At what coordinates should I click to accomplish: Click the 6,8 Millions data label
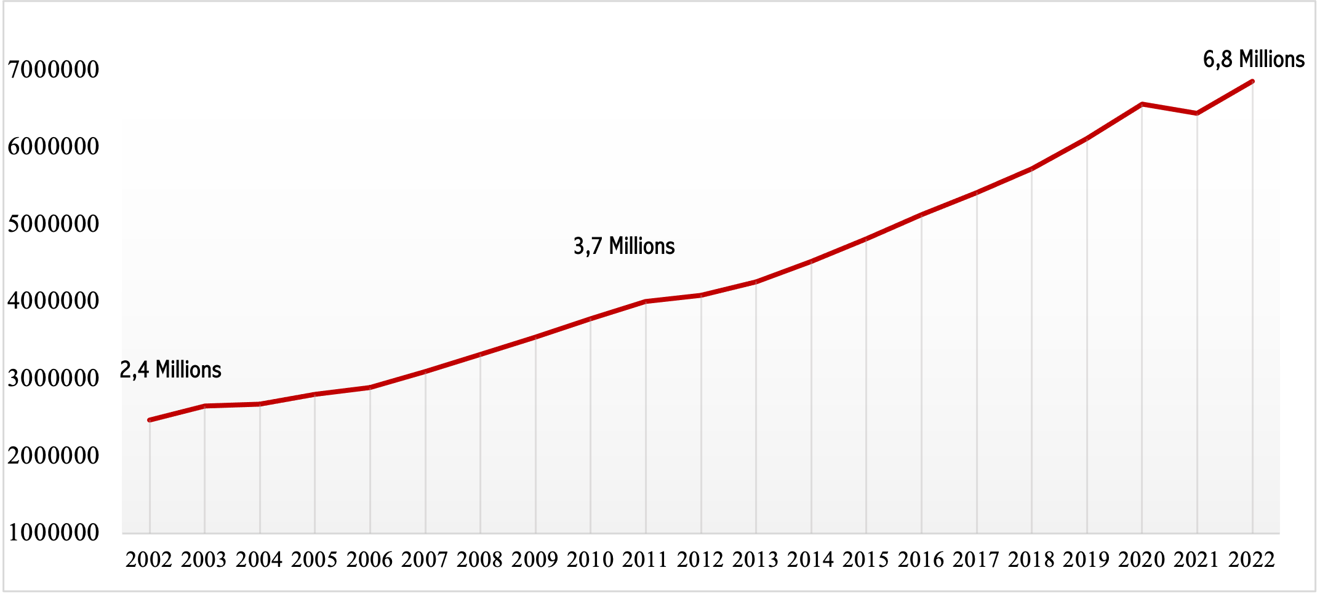click(x=1254, y=60)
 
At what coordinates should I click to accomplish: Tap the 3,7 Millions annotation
click(x=624, y=247)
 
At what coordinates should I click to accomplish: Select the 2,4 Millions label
click(x=170, y=370)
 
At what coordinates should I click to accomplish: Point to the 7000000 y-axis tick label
click(x=54, y=69)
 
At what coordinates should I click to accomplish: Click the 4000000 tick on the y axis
click(x=54, y=301)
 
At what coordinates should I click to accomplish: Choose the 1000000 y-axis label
click(x=54, y=532)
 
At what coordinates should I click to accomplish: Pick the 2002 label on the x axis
click(x=150, y=559)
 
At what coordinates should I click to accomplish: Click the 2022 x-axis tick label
click(x=1252, y=559)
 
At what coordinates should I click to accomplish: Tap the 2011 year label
click(x=646, y=559)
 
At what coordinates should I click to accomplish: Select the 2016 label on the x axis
click(x=921, y=559)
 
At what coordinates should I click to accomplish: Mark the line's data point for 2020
click(x=1142, y=105)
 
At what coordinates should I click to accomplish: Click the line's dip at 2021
click(x=1197, y=113)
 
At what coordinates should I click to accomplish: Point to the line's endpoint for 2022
click(x=1252, y=81)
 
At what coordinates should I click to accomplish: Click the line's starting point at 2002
click(x=150, y=420)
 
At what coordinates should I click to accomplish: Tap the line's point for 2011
click(x=646, y=301)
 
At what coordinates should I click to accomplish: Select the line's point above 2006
click(x=370, y=387)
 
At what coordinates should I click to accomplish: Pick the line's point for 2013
click(x=756, y=282)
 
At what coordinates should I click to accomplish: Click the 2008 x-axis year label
click(x=480, y=559)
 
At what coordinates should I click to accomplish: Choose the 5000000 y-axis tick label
click(x=54, y=224)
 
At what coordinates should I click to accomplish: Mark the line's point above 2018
click(x=1031, y=168)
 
